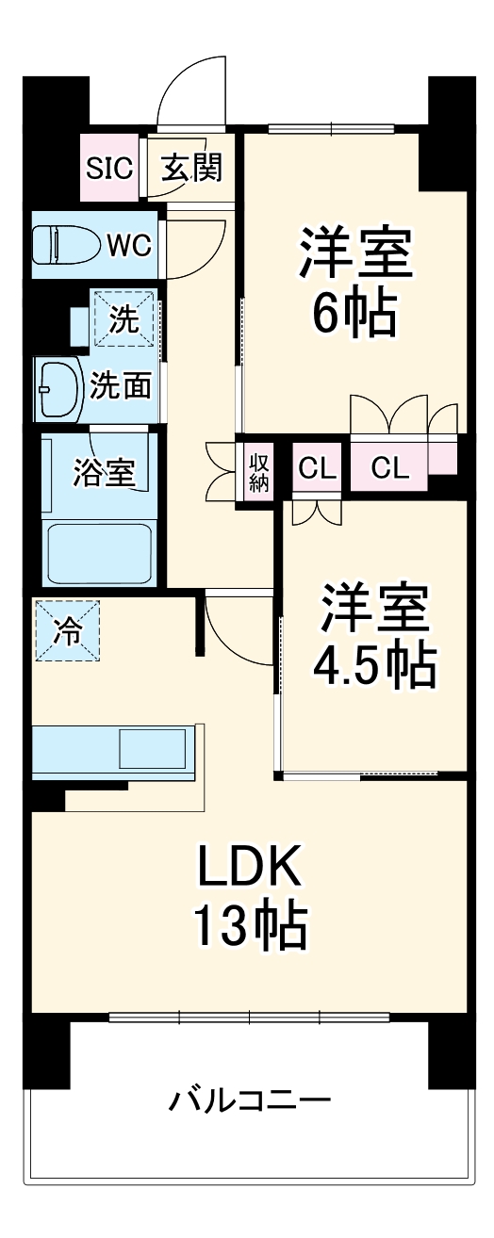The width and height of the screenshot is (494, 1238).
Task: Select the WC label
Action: tap(129, 245)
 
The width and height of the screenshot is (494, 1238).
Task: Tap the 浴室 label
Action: tap(104, 471)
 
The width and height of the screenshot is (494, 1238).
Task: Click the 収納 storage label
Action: tap(259, 470)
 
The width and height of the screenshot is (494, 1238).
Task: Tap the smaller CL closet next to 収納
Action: tap(317, 468)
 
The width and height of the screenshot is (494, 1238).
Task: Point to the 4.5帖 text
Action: tap(375, 665)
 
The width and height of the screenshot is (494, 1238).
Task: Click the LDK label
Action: tap(250, 867)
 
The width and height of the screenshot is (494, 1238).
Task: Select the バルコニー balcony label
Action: tap(250, 1100)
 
